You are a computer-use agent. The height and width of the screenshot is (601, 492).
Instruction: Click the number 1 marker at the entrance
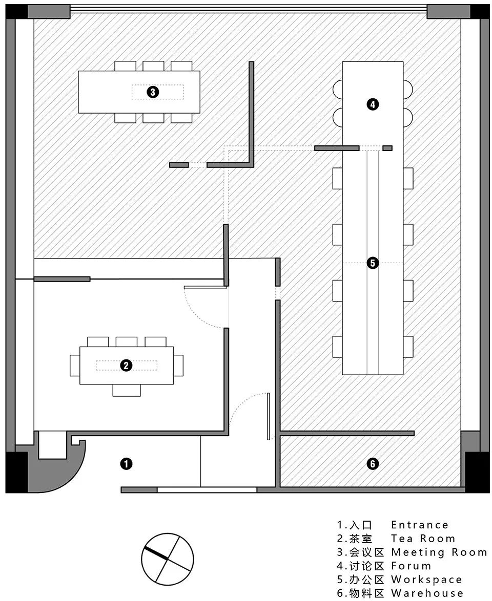tap(126, 464)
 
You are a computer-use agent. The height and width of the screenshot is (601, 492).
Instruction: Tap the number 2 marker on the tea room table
tap(126, 366)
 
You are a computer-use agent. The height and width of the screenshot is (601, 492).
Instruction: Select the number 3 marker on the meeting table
tap(153, 92)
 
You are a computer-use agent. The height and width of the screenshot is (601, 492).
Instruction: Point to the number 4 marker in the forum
tap(373, 104)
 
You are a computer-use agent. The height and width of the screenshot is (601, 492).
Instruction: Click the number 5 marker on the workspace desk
tap(373, 263)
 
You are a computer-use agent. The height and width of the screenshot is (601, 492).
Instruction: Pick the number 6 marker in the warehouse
tap(373, 464)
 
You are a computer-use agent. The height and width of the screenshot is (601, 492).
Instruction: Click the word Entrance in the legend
tap(420, 525)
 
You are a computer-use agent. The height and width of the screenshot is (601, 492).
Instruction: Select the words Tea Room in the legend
tap(423, 539)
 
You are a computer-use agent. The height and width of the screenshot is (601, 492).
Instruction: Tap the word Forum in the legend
tap(411, 566)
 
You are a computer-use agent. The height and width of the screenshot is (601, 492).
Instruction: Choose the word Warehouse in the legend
tap(427, 593)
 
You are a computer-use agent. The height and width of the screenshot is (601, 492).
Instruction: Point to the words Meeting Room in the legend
tap(439, 552)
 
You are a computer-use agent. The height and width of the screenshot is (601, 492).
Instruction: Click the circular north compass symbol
tap(167, 559)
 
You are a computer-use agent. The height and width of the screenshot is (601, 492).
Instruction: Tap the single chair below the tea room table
tap(127, 390)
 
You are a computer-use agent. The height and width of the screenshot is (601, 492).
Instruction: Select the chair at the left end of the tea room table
tap(75, 366)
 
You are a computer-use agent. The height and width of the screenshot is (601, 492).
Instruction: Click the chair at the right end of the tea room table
tap(178, 366)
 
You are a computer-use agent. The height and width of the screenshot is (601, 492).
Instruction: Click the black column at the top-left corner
tap(16, 12)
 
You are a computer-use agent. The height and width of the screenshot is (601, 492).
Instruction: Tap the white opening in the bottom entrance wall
tap(207, 490)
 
